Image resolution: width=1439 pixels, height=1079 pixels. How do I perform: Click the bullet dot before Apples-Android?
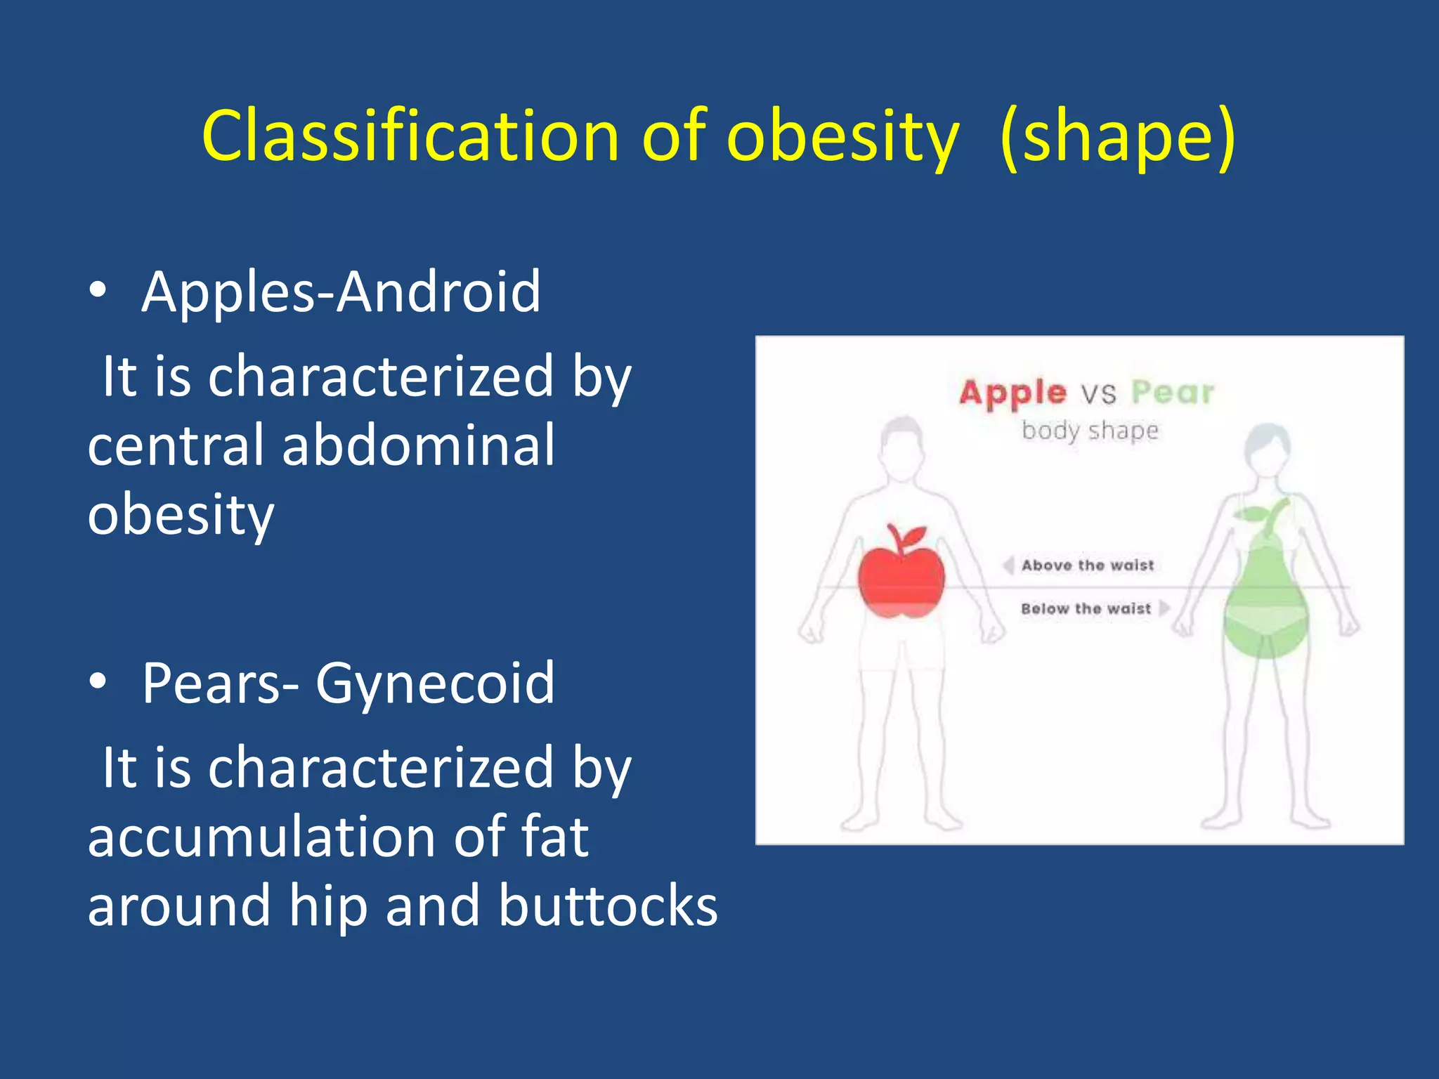(x=98, y=290)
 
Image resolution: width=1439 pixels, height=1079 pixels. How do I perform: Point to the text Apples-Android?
(x=341, y=291)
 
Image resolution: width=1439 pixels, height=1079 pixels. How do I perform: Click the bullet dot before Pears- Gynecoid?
(x=98, y=681)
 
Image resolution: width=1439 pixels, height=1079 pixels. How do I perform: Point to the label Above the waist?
(x=1088, y=565)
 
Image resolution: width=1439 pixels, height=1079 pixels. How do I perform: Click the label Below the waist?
(x=1086, y=608)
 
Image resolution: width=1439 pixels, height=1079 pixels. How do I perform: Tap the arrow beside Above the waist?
(x=1008, y=565)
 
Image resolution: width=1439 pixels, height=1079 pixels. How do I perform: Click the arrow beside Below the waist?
(x=1164, y=608)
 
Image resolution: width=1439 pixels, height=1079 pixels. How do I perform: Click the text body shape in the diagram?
(x=1090, y=430)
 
